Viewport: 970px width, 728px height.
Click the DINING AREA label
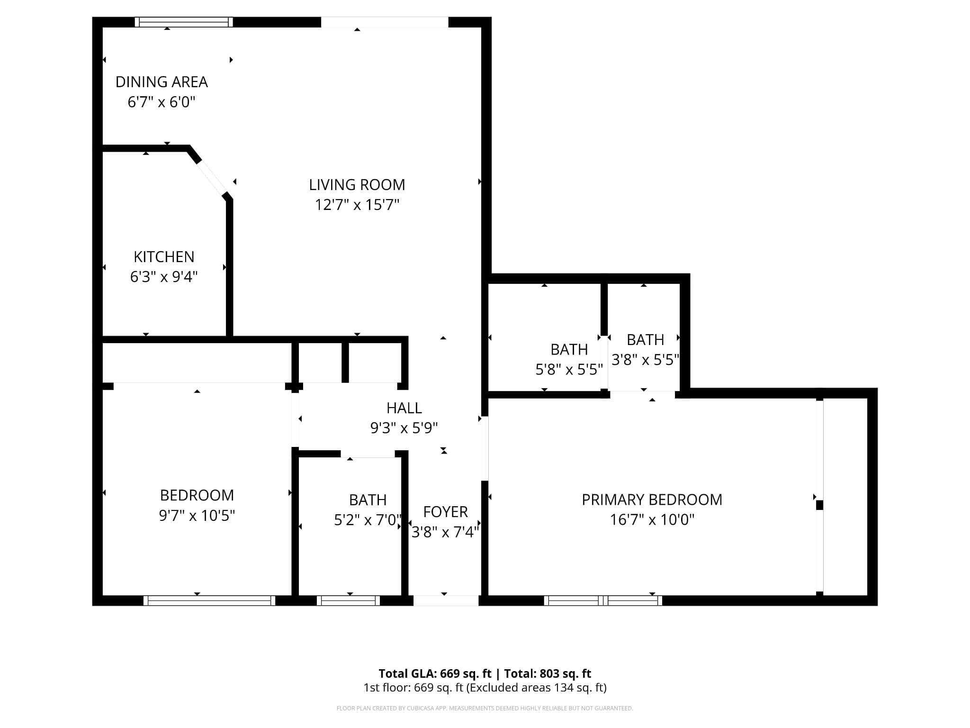click(162, 82)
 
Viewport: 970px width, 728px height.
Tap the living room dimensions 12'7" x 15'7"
click(357, 205)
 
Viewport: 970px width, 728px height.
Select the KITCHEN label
click(164, 256)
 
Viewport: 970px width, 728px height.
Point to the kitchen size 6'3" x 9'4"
click(164, 277)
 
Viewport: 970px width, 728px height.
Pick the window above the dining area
click(184, 22)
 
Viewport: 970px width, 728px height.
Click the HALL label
click(404, 408)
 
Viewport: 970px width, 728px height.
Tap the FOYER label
click(445, 512)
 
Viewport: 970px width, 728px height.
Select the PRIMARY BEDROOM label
click(652, 500)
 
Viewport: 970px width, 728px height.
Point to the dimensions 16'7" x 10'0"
click(652, 520)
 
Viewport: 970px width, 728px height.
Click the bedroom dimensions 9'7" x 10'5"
click(197, 515)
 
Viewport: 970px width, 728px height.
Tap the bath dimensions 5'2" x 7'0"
click(368, 520)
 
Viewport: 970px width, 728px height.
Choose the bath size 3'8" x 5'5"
click(645, 360)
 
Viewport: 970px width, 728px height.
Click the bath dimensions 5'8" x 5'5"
click(569, 370)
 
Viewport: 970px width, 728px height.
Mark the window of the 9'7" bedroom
click(209, 601)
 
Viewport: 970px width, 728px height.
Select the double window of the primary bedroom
click(603, 601)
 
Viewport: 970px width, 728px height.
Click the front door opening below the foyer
click(446, 601)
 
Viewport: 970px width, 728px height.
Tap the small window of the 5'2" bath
click(348, 601)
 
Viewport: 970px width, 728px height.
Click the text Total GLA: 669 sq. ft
click(435, 673)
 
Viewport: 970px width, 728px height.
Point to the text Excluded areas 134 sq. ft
click(536, 688)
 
